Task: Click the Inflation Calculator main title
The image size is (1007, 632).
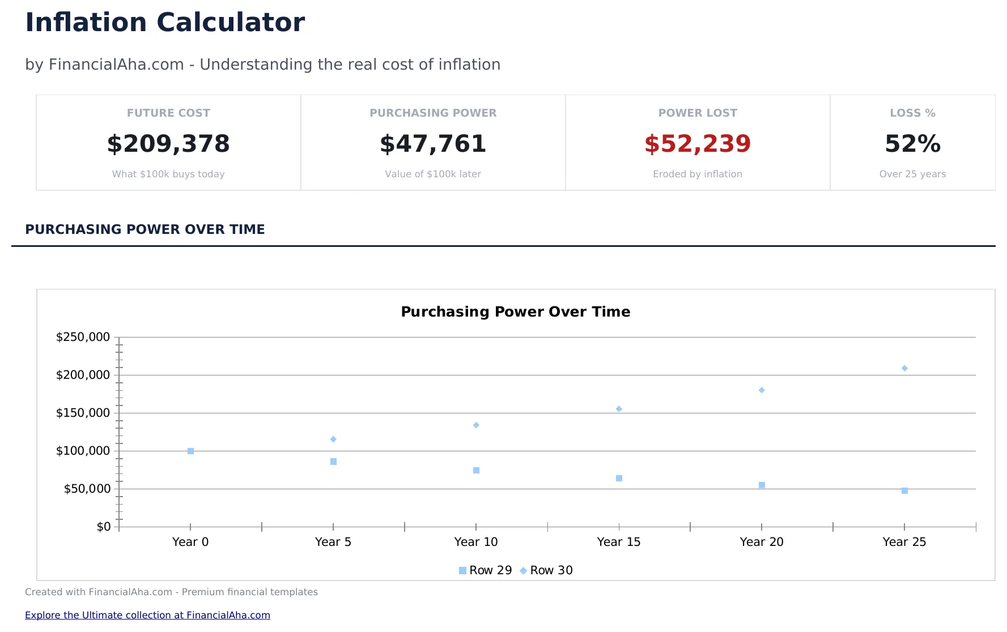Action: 165,23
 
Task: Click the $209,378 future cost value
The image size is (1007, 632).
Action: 168,144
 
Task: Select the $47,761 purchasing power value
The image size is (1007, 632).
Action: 433,144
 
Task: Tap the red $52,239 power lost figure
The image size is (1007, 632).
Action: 698,144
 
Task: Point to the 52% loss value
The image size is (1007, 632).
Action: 912,144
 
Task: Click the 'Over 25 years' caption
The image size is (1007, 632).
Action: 912,174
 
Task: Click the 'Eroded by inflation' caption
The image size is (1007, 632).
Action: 698,174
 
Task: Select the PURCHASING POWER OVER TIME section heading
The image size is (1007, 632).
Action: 145,229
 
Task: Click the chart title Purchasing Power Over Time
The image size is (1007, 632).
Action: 515,312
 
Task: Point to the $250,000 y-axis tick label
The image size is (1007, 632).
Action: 83,338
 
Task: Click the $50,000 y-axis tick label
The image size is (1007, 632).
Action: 87,489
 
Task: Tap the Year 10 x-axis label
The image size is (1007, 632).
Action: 476,542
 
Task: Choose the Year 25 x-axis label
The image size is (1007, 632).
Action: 904,542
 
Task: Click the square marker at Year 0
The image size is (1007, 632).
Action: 190,451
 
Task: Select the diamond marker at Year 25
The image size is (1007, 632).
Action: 904,368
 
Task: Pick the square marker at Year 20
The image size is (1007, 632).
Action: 762,485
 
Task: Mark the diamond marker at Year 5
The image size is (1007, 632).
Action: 333,439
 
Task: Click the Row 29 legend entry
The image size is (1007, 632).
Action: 486,570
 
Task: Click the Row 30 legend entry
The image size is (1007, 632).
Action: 547,570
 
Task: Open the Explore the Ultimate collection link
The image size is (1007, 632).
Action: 147,615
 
